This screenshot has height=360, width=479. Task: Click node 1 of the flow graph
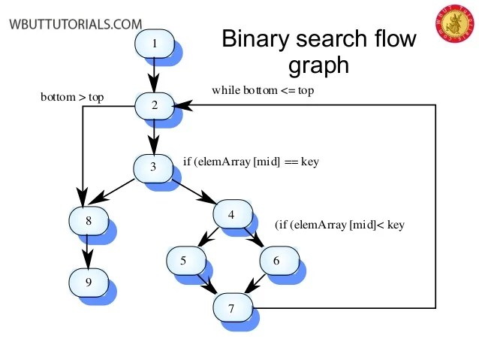tap(155, 44)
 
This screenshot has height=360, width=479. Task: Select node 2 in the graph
tap(155, 104)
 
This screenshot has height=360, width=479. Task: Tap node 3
tap(153, 167)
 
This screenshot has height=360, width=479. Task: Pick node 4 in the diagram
tap(232, 214)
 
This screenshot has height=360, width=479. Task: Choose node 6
tap(277, 260)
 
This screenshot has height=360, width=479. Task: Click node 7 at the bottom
tap(232, 307)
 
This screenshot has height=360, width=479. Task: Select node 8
tap(88, 221)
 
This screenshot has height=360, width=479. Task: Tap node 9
tap(88, 282)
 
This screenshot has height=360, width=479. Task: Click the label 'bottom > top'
tap(72, 97)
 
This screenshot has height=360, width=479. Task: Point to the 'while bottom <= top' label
tap(262, 90)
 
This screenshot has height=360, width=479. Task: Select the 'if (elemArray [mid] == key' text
tap(251, 161)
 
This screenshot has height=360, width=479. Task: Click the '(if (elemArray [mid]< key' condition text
tap(339, 224)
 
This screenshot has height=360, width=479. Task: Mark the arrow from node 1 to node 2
tap(155, 74)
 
